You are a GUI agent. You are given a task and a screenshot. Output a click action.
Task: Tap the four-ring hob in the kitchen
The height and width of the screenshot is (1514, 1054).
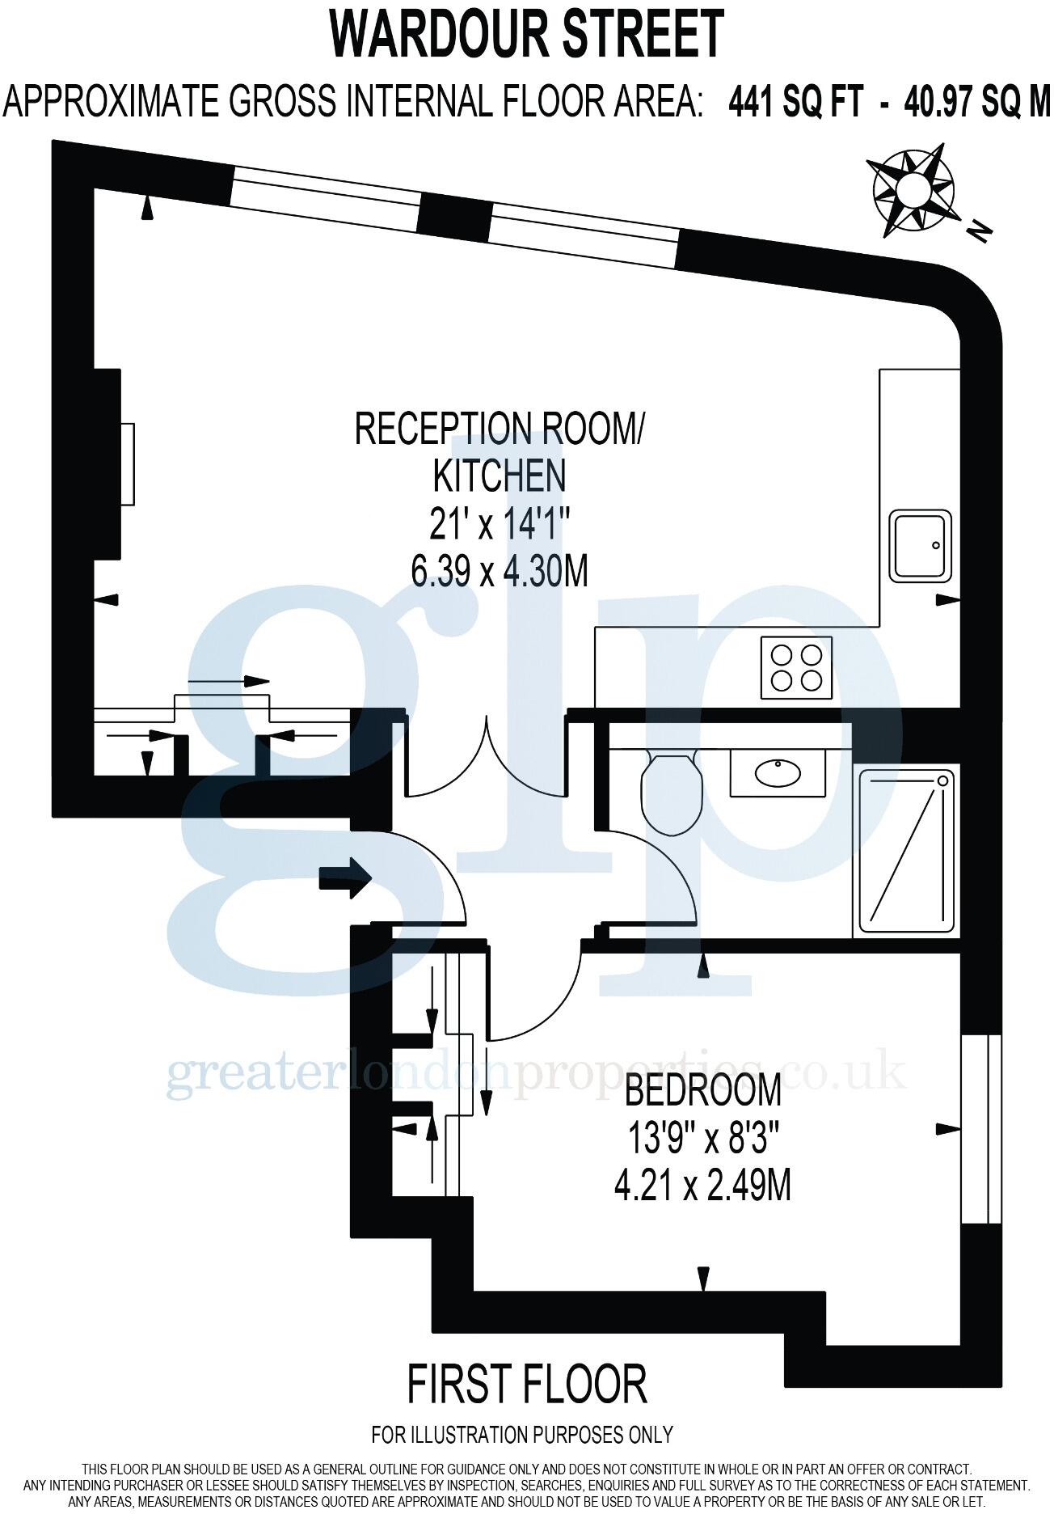[796, 666]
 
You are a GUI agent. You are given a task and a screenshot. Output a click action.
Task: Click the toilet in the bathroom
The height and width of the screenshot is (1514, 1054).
[670, 791]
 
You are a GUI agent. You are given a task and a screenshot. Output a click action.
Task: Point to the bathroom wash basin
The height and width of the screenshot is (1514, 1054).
[778, 773]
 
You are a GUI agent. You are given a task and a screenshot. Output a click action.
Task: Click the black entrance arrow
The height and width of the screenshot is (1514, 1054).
[345, 876]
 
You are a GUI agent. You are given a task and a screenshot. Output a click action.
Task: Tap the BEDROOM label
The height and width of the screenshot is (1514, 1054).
[703, 1090]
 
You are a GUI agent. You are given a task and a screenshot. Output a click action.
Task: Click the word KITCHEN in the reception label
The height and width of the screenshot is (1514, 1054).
[499, 476]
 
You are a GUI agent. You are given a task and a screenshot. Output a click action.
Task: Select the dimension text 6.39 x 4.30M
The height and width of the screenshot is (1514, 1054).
[499, 573]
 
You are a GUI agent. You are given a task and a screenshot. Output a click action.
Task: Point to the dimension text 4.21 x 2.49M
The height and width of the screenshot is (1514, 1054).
[702, 1186]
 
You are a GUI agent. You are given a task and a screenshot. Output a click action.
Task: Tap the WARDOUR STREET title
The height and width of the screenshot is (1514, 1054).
[526, 34]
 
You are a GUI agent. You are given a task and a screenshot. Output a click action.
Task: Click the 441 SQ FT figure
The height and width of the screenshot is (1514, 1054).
[795, 104]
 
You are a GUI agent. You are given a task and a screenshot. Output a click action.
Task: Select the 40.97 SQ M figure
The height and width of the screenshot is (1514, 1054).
[976, 104]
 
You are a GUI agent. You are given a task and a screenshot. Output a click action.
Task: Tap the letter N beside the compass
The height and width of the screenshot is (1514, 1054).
[980, 231]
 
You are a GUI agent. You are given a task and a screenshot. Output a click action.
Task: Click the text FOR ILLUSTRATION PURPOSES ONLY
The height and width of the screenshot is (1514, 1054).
[521, 1435]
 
